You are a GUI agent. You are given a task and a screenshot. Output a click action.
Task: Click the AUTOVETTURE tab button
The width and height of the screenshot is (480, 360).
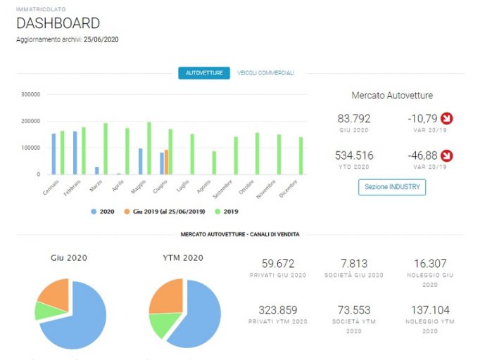pyautogui.click(x=204, y=73)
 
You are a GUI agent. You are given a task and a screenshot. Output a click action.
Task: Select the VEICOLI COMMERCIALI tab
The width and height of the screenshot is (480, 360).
pyautogui.click(x=266, y=73)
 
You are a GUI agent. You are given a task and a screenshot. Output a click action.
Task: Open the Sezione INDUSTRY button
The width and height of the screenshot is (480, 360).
pyautogui.click(x=392, y=187)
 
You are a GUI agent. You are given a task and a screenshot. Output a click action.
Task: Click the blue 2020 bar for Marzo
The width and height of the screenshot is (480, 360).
pyautogui.click(x=96, y=171)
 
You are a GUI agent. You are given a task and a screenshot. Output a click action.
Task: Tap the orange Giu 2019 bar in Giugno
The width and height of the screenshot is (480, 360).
pyautogui.click(x=166, y=162)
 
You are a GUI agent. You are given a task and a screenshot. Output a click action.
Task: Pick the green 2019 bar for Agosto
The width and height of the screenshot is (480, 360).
pyautogui.click(x=214, y=163)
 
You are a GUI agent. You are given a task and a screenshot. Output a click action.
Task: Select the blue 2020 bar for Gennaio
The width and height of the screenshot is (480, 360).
pyautogui.click(x=54, y=154)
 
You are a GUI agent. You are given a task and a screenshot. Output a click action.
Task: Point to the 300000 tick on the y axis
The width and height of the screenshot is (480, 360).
pyautogui.click(x=30, y=94)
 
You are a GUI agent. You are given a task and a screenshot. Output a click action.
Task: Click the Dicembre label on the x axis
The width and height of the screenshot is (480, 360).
pyautogui.click(x=289, y=188)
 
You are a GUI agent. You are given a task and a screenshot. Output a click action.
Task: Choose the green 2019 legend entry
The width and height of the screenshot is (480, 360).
pyautogui.click(x=227, y=212)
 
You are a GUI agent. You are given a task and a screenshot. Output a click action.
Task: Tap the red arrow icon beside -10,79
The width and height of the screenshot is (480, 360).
pyautogui.click(x=447, y=118)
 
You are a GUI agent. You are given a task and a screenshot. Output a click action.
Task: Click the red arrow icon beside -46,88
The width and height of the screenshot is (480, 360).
pyautogui.click(x=447, y=155)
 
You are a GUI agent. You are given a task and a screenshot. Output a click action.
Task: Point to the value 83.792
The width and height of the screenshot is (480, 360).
pyautogui.click(x=354, y=119)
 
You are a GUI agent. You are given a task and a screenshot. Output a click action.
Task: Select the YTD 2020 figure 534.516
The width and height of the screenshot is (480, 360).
pyautogui.click(x=354, y=155)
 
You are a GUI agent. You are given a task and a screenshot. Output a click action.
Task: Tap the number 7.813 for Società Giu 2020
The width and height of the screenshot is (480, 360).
pyautogui.click(x=354, y=264)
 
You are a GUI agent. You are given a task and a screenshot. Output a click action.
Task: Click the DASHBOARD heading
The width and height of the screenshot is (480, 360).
pyautogui.click(x=58, y=23)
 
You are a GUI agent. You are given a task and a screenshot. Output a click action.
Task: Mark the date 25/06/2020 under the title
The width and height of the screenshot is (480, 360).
pyautogui.click(x=101, y=39)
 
